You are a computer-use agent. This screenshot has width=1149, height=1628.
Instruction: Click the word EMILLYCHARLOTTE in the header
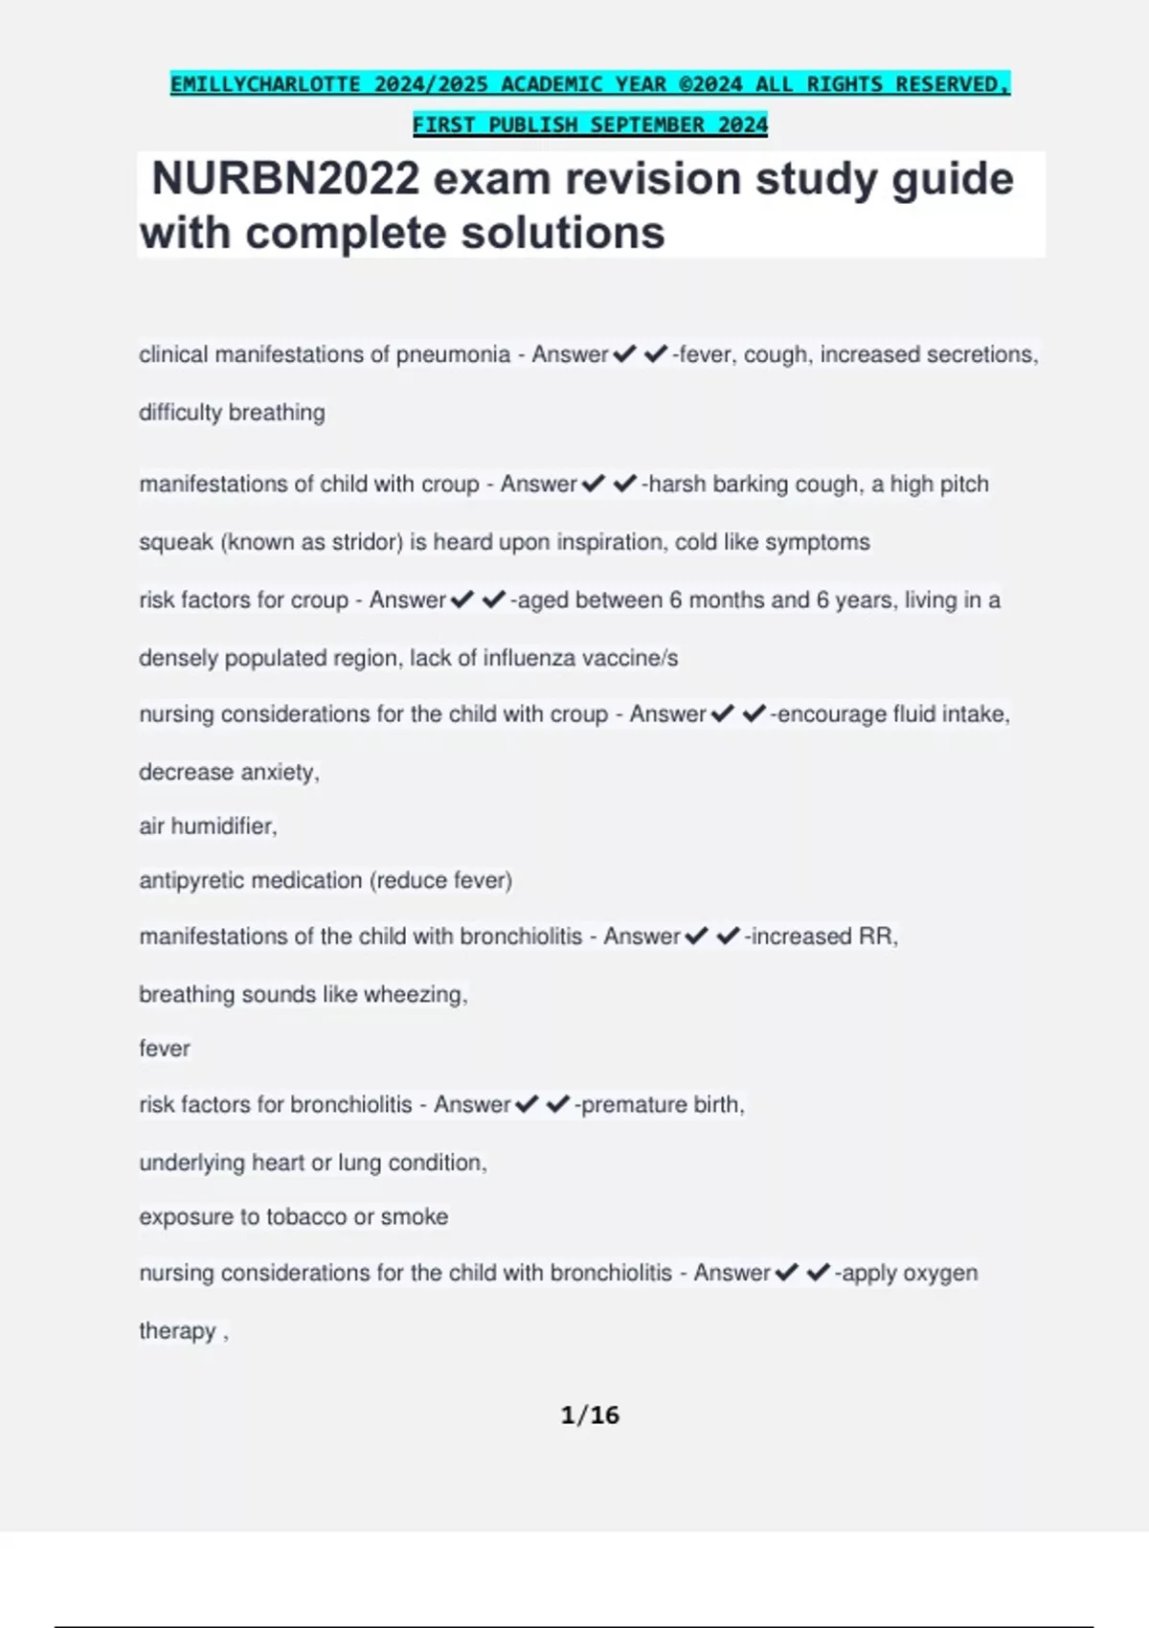[x=265, y=84]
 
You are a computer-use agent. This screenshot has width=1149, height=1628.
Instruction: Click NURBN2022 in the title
[x=285, y=179]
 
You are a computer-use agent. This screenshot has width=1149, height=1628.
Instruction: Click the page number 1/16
[x=590, y=1414]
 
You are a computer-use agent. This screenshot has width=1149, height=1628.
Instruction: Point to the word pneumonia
[x=453, y=354]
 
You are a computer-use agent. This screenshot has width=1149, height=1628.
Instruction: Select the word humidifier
[x=223, y=825]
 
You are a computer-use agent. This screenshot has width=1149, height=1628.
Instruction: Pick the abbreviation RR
[x=877, y=936]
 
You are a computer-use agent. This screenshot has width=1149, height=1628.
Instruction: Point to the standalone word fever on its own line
[x=165, y=1049]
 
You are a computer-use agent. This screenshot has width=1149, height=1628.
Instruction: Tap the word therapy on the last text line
[x=177, y=1330]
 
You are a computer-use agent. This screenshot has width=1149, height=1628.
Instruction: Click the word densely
[x=178, y=658]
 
